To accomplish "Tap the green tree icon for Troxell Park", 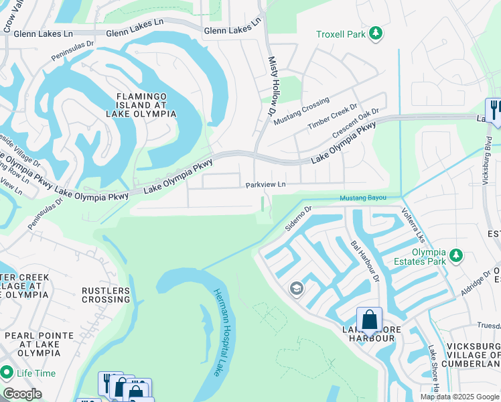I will [376, 33].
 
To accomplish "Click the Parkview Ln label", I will [265, 184].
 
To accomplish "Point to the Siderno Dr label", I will [299, 218].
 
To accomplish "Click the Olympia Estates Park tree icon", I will [456, 255].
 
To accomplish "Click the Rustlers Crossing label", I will [105, 295].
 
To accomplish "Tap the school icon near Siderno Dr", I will [295, 289].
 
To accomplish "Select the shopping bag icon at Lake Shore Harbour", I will [369, 319].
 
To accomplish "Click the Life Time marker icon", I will [7, 371].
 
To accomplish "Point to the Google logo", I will [22, 394].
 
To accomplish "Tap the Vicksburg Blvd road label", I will [488, 153].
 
